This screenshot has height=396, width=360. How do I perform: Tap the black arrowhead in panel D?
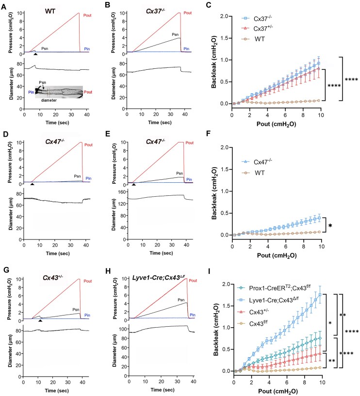pyautogui.click(x=32, y=184)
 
